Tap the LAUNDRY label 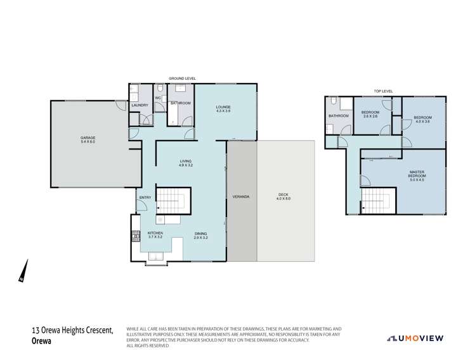click(140, 105)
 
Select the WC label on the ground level click(158, 98)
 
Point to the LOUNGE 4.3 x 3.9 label click(223, 108)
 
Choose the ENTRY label click(145, 198)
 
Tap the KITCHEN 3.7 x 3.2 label click(155, 235)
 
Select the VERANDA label click(240, 196)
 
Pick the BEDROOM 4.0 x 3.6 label click(422, 119)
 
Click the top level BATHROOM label click(338, 116)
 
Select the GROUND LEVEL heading click(182, 78)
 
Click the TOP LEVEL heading click(383, 91)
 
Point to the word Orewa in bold click(41, 340)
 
